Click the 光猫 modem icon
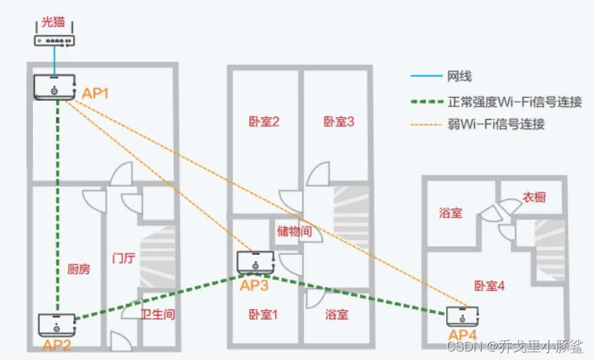pos(54,40)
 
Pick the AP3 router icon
pos(255,263)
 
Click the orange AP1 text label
pos(96,93)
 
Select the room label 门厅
pos(124,257)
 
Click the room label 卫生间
pos(158,314)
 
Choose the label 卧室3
pos(339,121)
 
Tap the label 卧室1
pos(263,314)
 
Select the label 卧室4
pos(490,286)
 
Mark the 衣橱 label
pos(533,197)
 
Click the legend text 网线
pos(460,76)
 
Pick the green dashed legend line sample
pos(425,101)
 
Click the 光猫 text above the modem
pos(54,22)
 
